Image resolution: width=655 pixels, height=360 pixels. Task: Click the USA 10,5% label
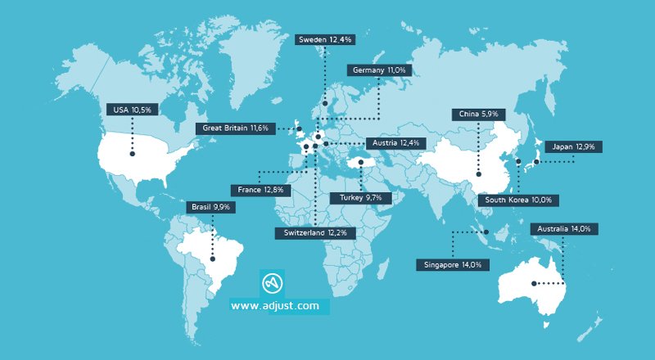(131, 110)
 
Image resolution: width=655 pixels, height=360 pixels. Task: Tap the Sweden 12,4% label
(324, 39)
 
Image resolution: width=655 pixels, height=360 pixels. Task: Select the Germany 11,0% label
(379, 70)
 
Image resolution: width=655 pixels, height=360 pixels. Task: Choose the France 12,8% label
(261, 190)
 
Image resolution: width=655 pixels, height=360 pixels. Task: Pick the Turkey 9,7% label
(360, 197)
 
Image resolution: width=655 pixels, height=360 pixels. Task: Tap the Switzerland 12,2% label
(315, 233)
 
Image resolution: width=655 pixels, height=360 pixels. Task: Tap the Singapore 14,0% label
(454, 264)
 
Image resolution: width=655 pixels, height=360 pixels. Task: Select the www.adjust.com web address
(274, 306)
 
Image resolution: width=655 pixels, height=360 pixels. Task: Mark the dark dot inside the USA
(131, 153)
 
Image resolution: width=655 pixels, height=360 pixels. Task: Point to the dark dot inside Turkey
(360, 162)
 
